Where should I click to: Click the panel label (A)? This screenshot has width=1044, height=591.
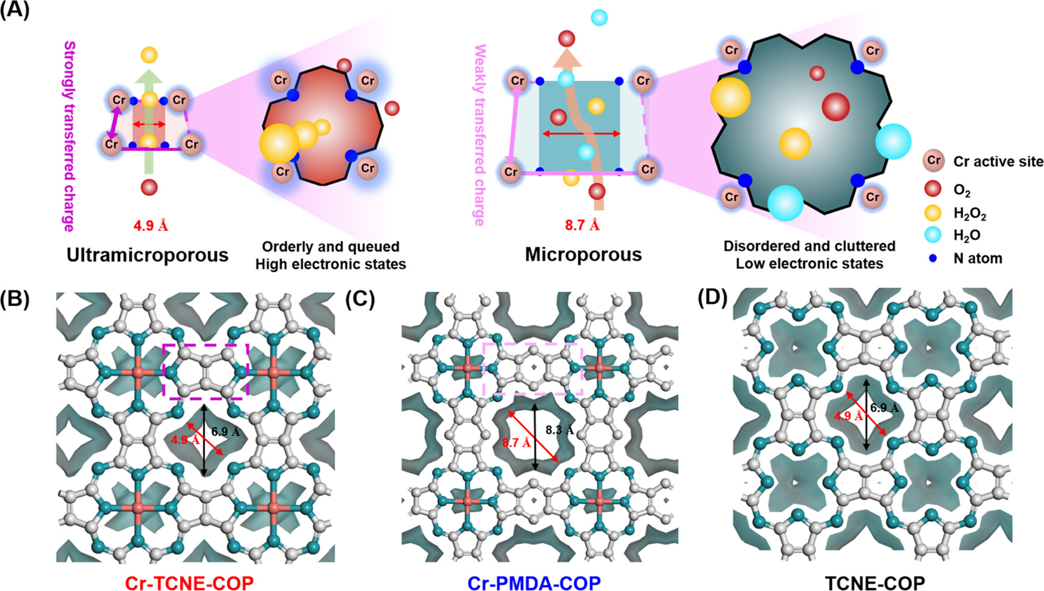coord(14,10)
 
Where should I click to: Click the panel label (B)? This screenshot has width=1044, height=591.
coord(14,299)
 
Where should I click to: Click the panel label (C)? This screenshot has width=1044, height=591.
coord(360,299)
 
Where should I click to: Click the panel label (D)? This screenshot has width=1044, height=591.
coord(712,298)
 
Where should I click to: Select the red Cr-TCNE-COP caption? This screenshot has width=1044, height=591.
coord(189,582)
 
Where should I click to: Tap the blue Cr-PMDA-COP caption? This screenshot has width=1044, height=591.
coord(534,582)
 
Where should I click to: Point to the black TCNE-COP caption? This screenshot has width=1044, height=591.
coord(875,582)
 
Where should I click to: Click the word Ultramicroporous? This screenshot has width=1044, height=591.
coord(147,255)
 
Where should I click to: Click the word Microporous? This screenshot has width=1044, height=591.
coord(583,254)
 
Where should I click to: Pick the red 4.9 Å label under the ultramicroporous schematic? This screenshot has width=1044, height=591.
coord(150,226)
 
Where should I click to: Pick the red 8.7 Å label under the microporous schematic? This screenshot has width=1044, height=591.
coord(582,225)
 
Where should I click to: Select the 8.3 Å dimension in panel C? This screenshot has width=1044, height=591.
coord(559,430)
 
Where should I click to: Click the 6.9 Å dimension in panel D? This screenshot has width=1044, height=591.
coord(884,408)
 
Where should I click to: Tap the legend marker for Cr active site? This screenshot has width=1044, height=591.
coord(933,161)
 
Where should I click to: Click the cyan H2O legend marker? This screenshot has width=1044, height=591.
coord(932,235)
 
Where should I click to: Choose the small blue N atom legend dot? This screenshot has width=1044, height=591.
coord(933,258)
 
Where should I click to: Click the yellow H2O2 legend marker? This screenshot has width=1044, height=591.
coord(932,213)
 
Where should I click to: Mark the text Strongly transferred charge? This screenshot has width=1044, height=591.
coord(69,136)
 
